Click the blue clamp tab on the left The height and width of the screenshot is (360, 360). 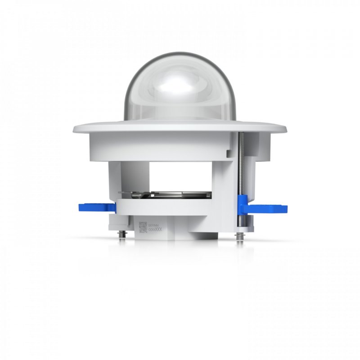pos(97,207)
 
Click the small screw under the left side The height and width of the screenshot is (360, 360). pos(122,235)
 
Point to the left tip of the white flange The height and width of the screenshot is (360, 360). pos(75,130)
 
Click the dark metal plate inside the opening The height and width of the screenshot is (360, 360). pos(175,194)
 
